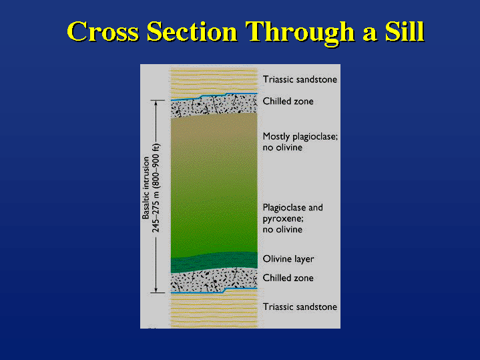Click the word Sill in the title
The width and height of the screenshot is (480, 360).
(x=405, y=31)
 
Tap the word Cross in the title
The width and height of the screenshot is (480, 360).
(x=103, y=31)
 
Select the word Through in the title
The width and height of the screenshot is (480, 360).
(x=300, y=33)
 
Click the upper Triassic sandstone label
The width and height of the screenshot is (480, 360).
(x=300, y=79)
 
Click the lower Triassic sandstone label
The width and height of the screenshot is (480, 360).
(x=300, y=307)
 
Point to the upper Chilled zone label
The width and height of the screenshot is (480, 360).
(x=288, y=101)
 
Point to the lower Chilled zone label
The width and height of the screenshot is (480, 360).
(x=288, y=278)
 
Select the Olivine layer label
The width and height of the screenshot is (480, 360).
(x=288, y=259)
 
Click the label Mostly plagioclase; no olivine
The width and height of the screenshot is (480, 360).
(x=300, y=142)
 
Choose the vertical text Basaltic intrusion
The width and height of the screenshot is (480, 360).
(x=146, y=188)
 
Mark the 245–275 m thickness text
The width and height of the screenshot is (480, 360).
(x=156, y=188)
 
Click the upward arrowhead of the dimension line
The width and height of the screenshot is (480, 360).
(x=156, y=104)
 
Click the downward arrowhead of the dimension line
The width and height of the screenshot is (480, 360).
(x=156, y=290)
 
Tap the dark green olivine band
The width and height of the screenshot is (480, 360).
(x=214, y=262)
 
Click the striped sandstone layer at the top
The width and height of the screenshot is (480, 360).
(x=214, y=81)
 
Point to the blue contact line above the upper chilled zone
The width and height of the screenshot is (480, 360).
(x=214, y=96)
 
